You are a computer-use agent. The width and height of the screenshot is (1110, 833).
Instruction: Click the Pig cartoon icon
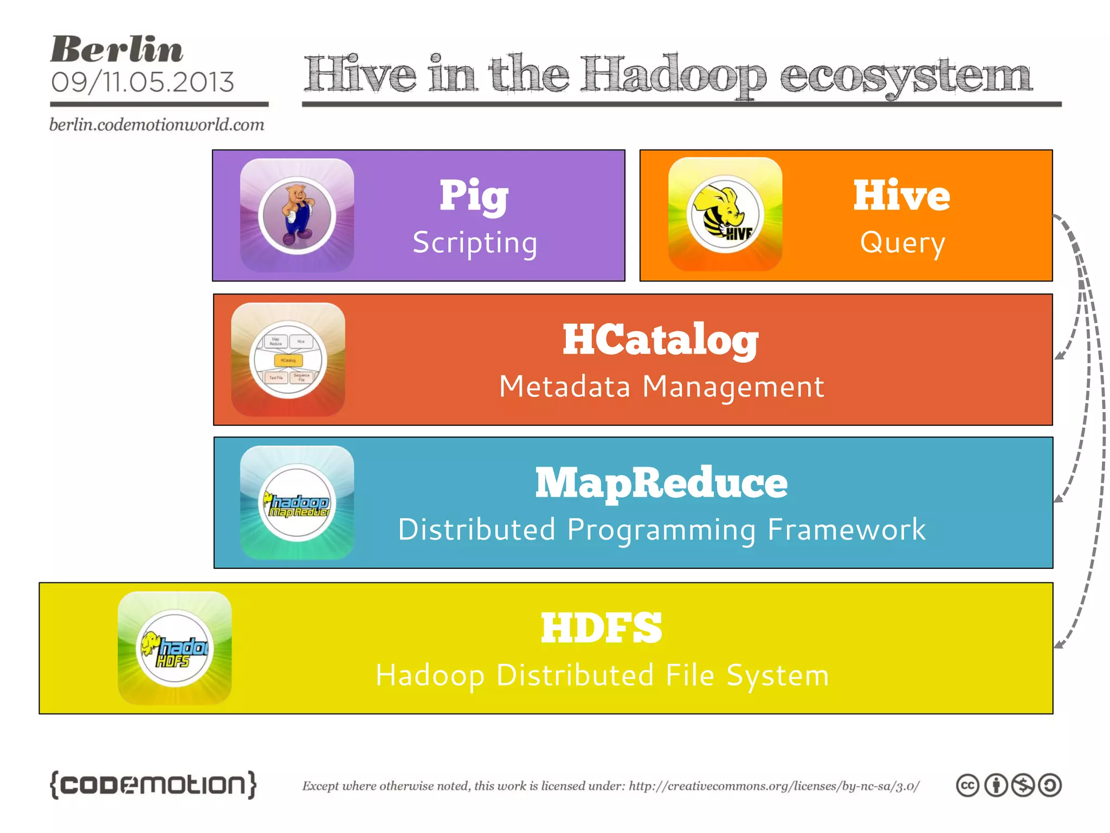[x=297, y=215]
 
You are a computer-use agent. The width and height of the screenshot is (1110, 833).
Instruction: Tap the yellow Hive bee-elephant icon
[x=725, y=214]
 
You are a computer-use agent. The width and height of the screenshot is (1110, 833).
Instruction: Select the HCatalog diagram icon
[x=288, y=360]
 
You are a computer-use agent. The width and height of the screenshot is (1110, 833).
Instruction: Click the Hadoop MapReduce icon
[x=297, y=503]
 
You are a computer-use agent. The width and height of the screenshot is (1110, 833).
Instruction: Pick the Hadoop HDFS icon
[x=175, y=648]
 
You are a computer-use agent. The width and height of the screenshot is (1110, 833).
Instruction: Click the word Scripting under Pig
[x=475, y=242]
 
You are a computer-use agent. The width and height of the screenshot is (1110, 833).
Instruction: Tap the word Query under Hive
[x=902, y=242]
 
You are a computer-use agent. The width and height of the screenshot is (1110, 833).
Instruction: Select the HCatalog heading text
[x=660, y=340]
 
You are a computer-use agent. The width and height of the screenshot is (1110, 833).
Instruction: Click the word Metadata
[x=564, y=387]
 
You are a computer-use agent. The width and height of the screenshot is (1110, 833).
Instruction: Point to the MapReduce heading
[x=661, y=483]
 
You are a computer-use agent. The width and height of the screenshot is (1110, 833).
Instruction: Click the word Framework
[x=847, y=530]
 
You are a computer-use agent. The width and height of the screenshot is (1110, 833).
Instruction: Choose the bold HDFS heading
[x=601, y=627]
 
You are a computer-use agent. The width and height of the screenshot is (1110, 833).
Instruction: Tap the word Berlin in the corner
[x=117, y=49]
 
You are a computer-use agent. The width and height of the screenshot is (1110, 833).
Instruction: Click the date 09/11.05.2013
[x=143, y=82]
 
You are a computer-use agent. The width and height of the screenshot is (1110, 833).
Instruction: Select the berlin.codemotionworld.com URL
[x=157, y=125]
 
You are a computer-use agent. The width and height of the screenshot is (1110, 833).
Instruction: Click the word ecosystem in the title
[x=906, y=76]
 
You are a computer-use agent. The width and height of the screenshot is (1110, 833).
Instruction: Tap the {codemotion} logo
[x=153, y=784]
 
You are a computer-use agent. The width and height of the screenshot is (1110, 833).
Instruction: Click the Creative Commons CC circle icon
[x=967, y=785]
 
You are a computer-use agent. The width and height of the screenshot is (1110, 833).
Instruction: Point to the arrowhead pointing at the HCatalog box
[x=1059, y=356]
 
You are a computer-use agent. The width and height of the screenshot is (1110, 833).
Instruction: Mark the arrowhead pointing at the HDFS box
[x=1059, y=645]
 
